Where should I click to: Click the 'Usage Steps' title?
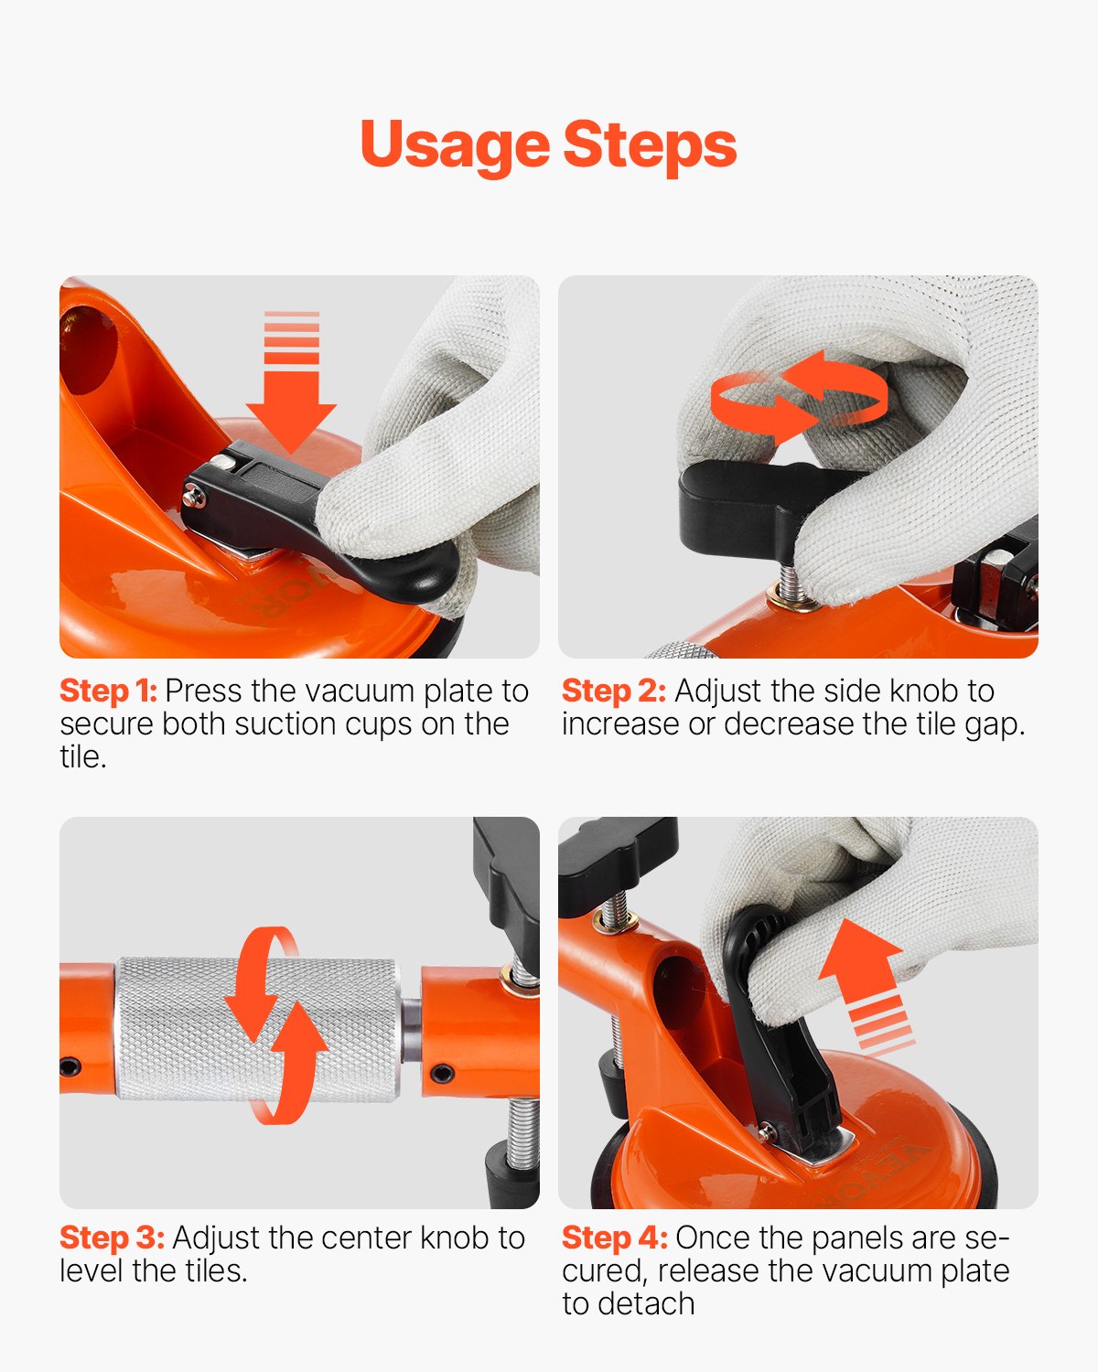click(548, 145)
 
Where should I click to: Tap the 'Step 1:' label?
click(108, 691)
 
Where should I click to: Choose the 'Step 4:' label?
click(614, 1238)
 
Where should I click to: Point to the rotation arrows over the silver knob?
click(274, 1024)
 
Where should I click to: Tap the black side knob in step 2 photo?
click(732, 503)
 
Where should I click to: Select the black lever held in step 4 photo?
click(787, 1052)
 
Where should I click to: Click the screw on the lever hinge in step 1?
click(193, 496)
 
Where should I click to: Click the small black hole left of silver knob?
click(70, 1066)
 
